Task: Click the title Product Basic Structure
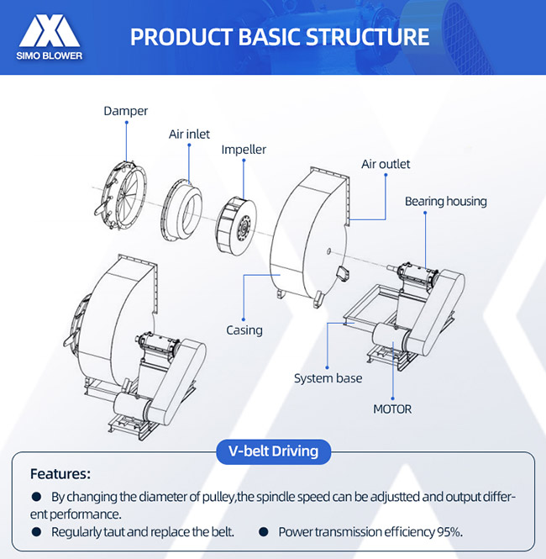[x=280, y=37]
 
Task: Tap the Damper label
[x=125, y=110]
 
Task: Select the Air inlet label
[x=189, y=134]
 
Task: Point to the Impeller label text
[x=244, y=150]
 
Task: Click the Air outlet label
[x=386, y=164]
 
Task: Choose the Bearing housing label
[x=445, y=201]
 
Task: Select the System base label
[x=328, y=378]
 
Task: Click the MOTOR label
[x=392, y=409]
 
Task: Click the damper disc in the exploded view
[x=119, y=192]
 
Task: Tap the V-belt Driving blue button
[x=273, y=451]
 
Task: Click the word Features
[x=60, y=474]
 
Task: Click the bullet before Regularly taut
[x=36, y=532]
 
